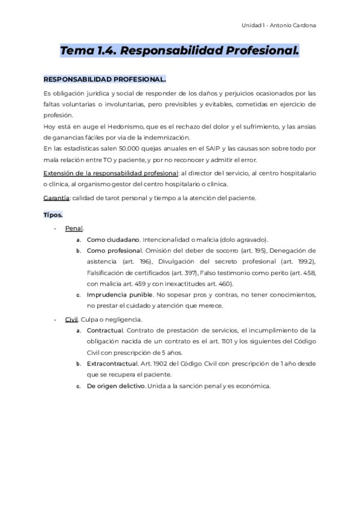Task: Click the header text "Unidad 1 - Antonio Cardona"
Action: point(278,25)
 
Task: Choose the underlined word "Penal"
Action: point(74,228)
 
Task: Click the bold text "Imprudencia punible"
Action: point(119,295)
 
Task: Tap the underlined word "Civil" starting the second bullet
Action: point(71,319)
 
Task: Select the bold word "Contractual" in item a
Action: point(105,330)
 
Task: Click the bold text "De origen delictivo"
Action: point(116,386)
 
